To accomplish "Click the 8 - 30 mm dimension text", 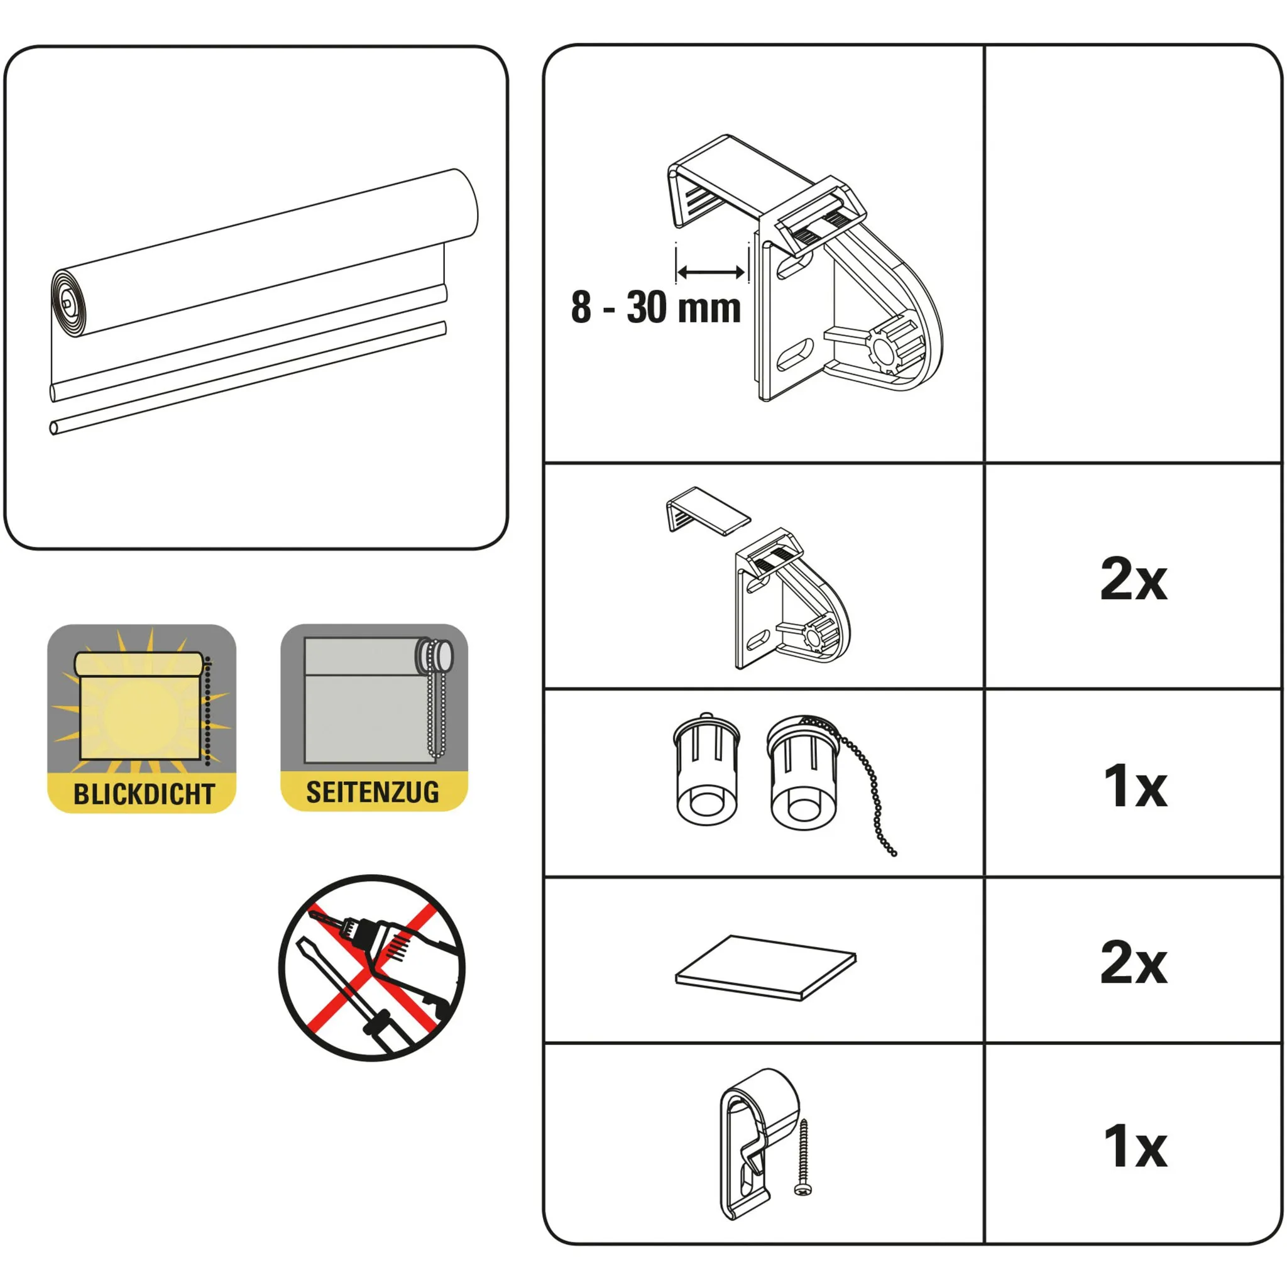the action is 655,308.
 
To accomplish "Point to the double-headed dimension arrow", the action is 711,271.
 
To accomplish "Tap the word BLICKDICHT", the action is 144,794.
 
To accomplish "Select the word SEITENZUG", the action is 373,792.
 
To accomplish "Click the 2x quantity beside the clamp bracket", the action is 1133,579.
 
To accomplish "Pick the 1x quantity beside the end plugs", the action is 1135,787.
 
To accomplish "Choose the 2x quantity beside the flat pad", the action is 1133,963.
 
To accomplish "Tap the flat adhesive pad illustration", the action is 765,968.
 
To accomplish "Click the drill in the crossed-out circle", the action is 393,959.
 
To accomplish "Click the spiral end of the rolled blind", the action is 68,303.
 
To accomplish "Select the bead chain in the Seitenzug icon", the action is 436,699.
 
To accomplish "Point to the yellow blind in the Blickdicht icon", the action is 140,706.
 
